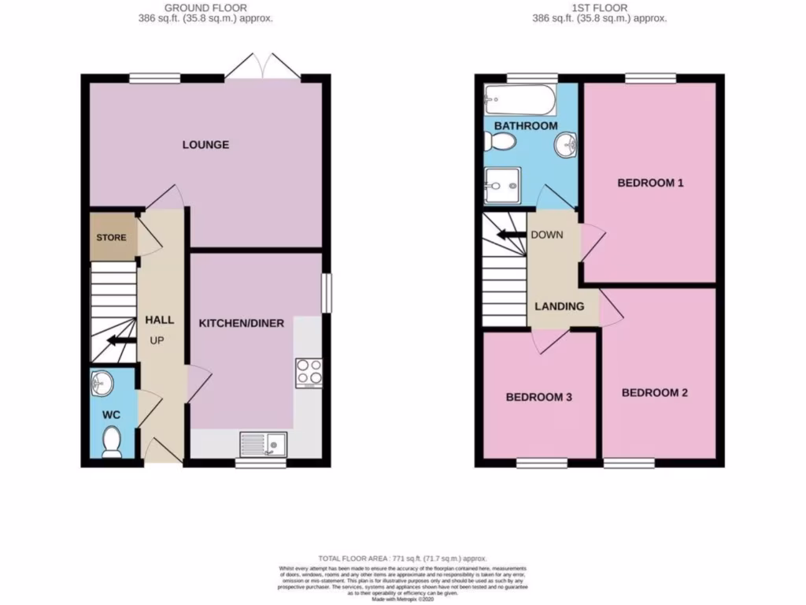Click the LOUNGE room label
click(x=205, y=145)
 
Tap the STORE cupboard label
click(x=111, y=237)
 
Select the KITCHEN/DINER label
click(x=241, y=323)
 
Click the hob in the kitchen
click(x=308, y=373)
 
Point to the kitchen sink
click(x=263, y=444)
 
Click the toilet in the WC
click(x=112, y=441)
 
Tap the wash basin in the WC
click(x=102, y=384)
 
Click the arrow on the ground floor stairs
click(x=120, y=340)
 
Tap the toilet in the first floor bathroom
click(x=499, y=143)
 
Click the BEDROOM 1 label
click(x=649, y=183)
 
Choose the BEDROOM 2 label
click(x=655, y=392)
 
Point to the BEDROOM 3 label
click(x=538, y=397)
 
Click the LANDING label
click(x=560, y=306)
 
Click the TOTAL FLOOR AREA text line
click(x=402, y=557)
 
